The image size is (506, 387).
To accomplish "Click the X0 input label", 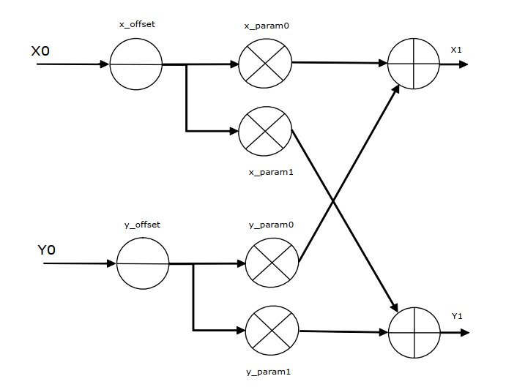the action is (40, 51).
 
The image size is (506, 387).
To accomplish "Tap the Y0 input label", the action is (46, 250).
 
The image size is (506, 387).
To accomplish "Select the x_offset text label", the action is (137, 25).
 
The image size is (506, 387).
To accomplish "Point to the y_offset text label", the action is (142, 225).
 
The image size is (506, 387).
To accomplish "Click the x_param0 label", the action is (267, 26).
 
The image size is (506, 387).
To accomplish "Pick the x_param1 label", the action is (271, 172).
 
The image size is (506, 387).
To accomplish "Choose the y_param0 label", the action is (272, 225).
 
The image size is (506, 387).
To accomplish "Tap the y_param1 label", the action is (269, 372).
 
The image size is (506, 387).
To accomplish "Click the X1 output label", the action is (456, 50).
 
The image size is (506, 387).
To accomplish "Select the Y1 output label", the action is (457, 316).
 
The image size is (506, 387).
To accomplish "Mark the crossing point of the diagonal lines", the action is (333, 201).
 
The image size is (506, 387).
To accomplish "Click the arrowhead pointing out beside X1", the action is (464, 64).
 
